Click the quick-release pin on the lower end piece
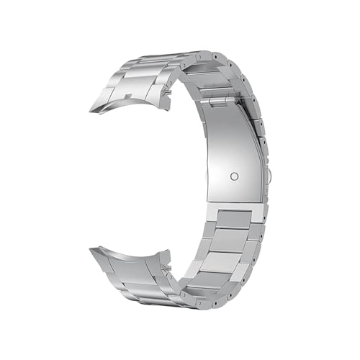(x=166, y=268)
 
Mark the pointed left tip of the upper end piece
(x=91, y=112)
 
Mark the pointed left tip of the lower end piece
(x=90, y=249)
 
